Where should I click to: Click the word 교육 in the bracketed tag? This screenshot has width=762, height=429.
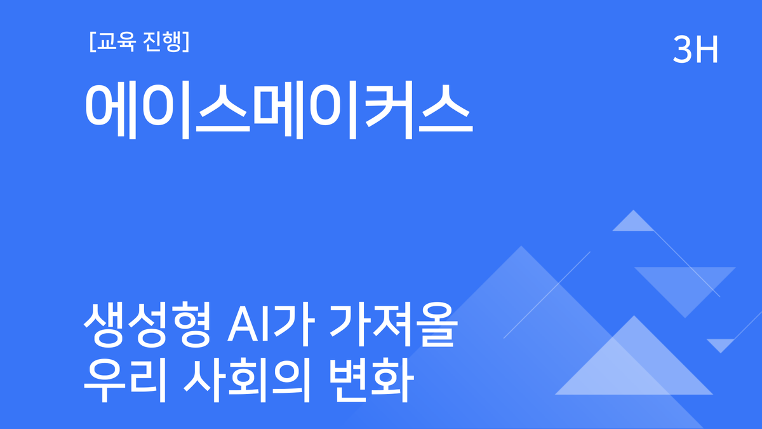[115, 43]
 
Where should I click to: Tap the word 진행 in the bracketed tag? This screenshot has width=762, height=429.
[161, 43]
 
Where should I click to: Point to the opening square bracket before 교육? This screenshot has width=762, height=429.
[93, 43]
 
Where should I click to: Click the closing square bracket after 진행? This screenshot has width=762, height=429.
[187, 43]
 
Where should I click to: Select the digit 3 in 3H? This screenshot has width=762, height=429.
[683, 50]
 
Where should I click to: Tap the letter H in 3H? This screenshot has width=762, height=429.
[707, 50]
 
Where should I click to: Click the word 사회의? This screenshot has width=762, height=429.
[250, 380]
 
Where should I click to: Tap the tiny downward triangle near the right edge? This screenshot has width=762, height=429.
[721, 344]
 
